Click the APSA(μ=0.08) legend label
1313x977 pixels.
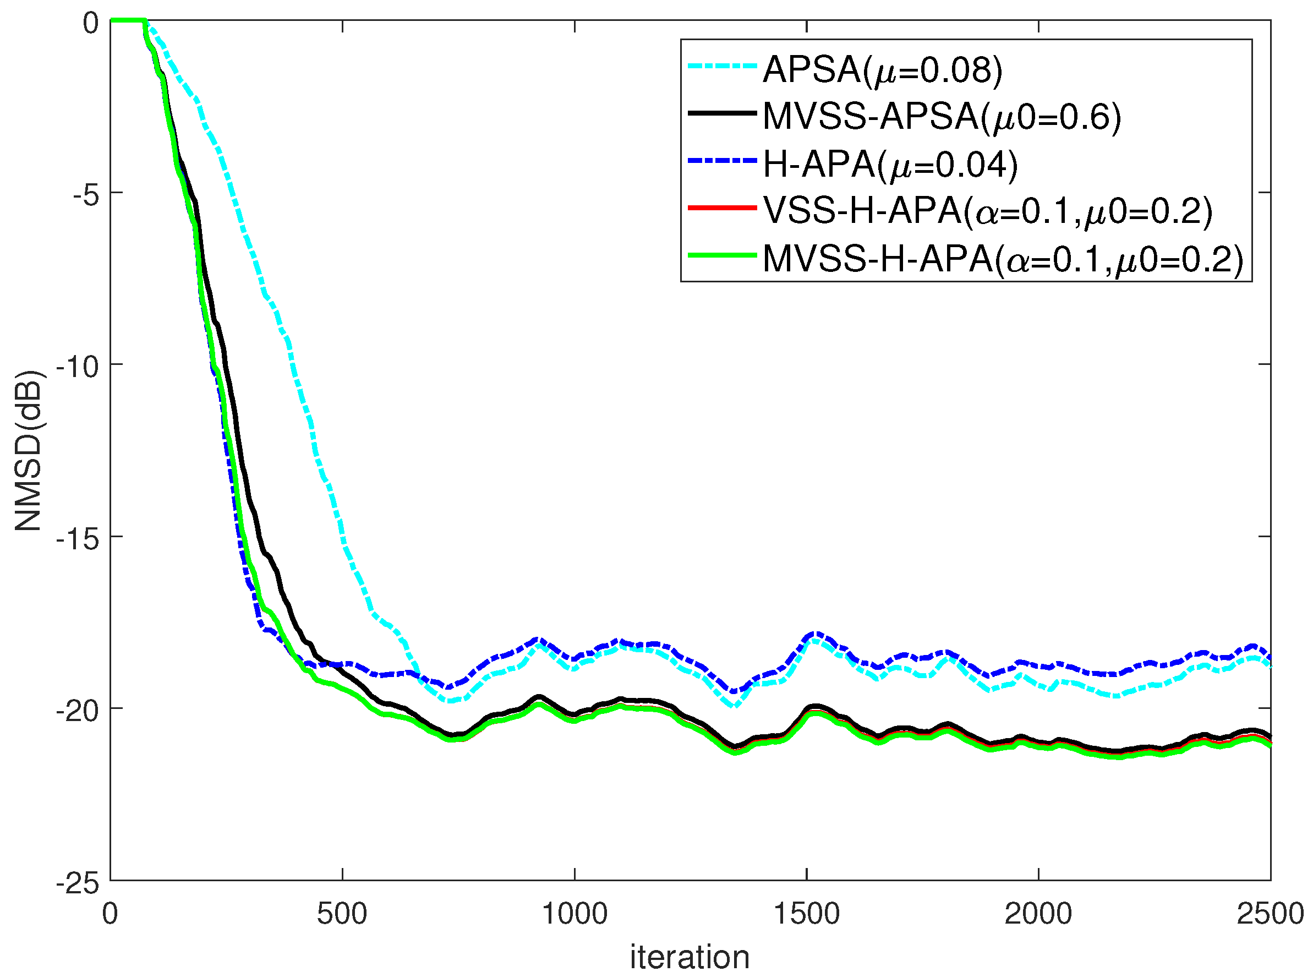883,70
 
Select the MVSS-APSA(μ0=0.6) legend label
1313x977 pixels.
942,117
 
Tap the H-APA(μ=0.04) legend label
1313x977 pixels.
890,164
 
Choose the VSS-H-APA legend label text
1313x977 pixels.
988,211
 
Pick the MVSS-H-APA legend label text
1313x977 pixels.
1003,259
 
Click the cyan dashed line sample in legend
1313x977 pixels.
723,67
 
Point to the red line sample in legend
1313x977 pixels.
723,208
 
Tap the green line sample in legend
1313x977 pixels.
723,255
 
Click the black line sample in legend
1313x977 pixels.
723,113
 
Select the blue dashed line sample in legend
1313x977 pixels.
723,160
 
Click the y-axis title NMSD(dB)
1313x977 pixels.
29,451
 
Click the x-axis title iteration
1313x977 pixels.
690,957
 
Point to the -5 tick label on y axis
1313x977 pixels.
86,194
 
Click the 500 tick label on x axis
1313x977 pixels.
342,914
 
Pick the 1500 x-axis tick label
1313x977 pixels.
806,914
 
